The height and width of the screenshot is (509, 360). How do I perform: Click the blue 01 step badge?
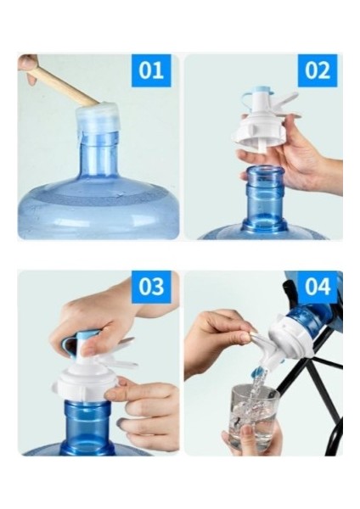[x=151, y=70]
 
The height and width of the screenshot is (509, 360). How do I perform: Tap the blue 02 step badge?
[x=318, y=70]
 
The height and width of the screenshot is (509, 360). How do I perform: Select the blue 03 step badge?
[x=151, y=287]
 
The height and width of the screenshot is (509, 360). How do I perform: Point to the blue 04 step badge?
[x=318, y=287]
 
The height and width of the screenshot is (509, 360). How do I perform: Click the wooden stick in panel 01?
[x=66, y=85]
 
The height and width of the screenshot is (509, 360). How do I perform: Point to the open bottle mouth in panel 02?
[x=266, y=171]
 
